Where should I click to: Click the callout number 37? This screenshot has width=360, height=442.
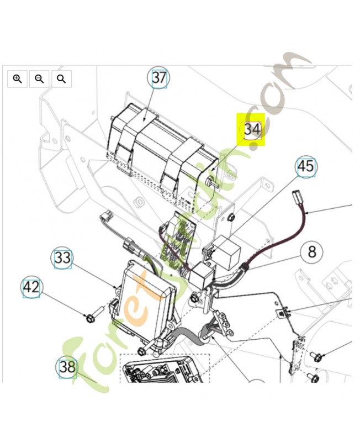[159, 77]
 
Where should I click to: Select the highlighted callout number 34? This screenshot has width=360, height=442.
[252, 129]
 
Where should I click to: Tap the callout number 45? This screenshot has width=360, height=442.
[306, 166]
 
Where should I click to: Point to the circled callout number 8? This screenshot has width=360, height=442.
[312, 251]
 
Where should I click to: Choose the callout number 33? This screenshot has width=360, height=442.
[62, 257]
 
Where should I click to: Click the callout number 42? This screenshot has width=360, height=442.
[31, 287]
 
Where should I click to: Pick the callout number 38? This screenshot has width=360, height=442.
[67, 367]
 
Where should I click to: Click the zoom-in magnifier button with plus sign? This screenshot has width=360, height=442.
[18, 79]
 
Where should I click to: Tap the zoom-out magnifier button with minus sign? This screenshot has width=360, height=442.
[39, 79]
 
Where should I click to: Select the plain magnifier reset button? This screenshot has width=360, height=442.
[61, 79]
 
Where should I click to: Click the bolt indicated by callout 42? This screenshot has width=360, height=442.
[94, 315]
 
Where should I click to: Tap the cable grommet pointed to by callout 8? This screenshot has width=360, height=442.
[244, 267]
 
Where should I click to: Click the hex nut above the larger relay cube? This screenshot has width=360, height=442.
[231, 217]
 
